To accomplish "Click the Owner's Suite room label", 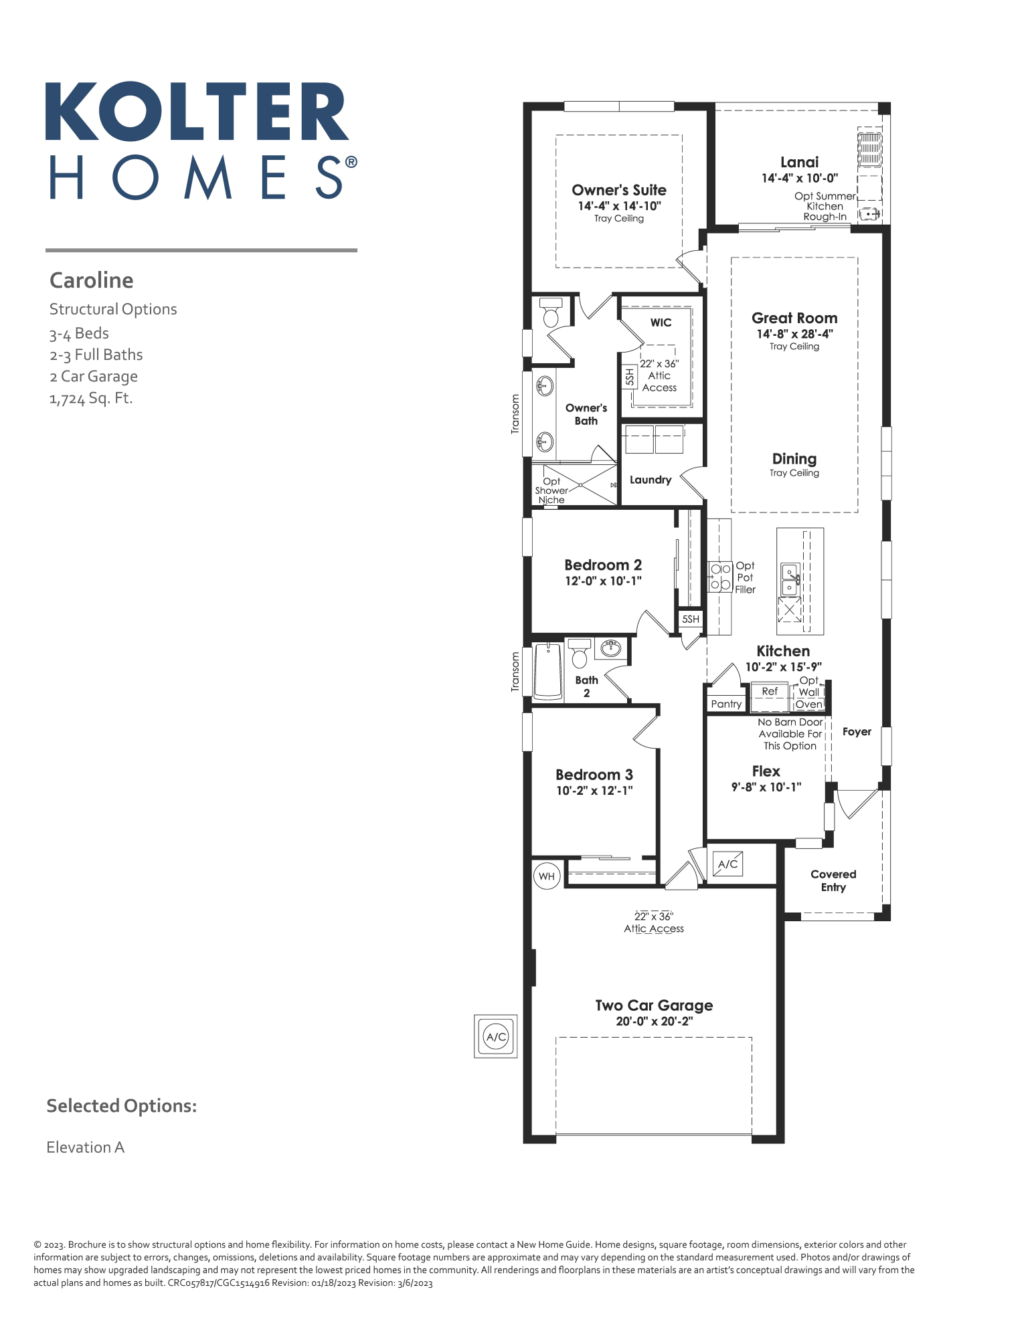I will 618,190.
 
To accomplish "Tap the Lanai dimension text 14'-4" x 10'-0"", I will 799,179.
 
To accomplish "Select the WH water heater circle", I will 547,876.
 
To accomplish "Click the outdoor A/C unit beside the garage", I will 496,1036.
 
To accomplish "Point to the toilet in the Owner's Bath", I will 551,312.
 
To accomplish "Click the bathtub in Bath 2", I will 548,671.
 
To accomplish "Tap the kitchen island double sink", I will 790,579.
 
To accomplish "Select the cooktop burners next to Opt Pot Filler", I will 720,577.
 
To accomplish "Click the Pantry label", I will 726,704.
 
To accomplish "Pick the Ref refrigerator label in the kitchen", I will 770,691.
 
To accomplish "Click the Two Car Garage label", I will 654,1006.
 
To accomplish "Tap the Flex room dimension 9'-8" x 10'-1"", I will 766,787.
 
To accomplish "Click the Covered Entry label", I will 833,880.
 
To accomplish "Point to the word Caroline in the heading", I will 92,280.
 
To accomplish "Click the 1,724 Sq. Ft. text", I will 91,398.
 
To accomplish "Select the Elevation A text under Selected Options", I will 86,1147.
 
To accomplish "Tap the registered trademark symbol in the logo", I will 351,163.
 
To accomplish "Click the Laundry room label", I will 650,480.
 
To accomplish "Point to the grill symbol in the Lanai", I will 869,149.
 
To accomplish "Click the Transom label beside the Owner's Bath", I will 515,413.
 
